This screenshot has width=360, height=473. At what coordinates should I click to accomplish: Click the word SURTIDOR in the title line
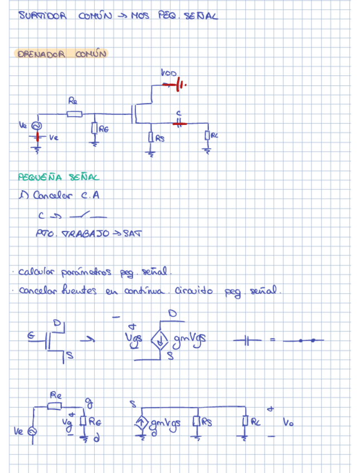[42, 16]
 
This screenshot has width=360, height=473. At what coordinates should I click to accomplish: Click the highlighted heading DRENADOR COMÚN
[61, 54]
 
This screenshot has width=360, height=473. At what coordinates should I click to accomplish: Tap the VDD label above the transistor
[168, 73]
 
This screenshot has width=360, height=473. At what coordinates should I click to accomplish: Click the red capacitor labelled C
[178, 124]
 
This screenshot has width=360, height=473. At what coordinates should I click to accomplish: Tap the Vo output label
[288, 423]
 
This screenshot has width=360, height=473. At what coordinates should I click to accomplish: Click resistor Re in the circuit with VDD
[74, 114]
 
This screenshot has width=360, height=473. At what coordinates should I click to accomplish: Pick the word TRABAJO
[86, 233]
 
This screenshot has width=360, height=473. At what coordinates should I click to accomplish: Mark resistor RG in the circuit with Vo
[84, 422]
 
